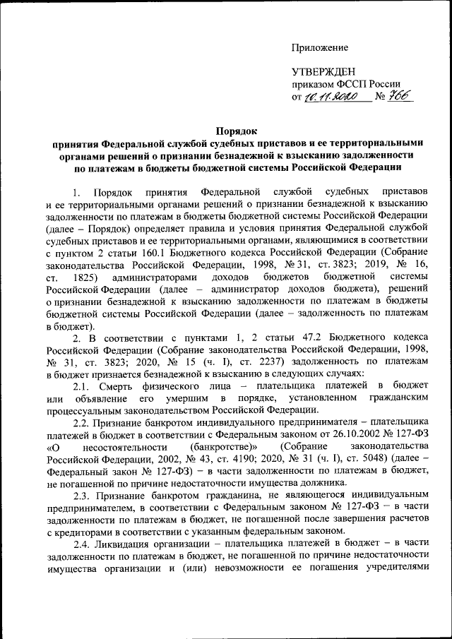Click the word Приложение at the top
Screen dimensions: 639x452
tap(321, 48)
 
